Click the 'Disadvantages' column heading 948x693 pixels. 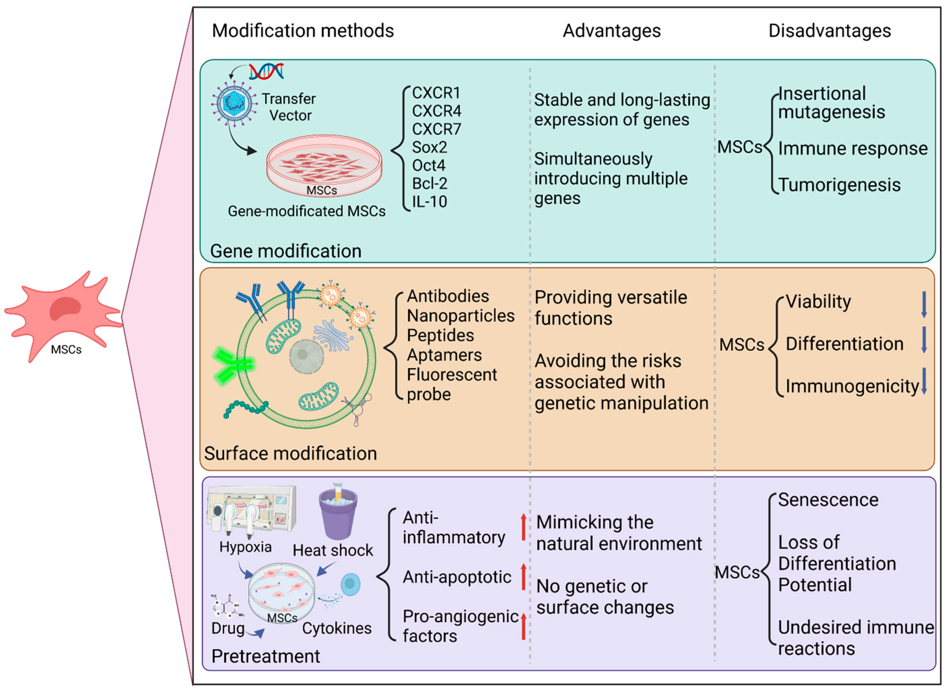point(829,31)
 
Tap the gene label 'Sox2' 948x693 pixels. point(429,147)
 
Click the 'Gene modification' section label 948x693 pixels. point(286,251)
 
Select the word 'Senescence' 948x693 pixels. point(828,500)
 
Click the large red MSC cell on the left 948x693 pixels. point(63,315)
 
